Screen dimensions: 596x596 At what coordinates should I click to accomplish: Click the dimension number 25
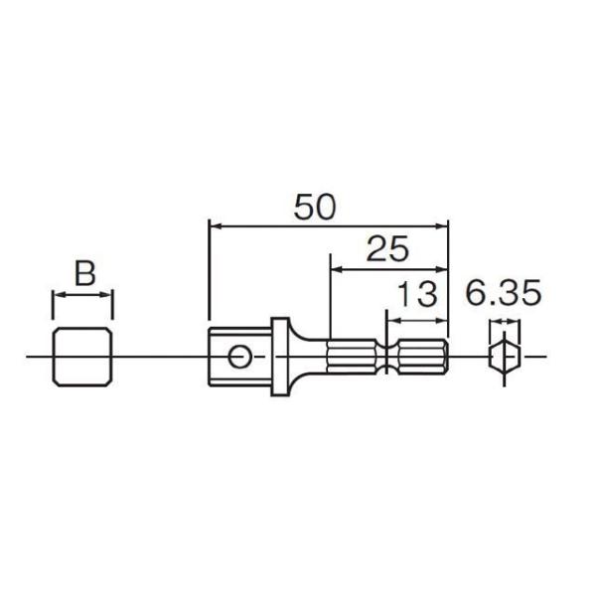coord(387,249)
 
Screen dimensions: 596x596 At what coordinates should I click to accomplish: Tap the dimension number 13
coord(417,295)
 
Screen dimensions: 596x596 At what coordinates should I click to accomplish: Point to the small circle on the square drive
coord(237,357)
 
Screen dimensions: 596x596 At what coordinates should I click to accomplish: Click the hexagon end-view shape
coord(506,357)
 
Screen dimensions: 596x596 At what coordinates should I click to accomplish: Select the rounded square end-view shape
coord(82,357)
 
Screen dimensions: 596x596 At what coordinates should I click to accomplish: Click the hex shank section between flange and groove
coord(350,356)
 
